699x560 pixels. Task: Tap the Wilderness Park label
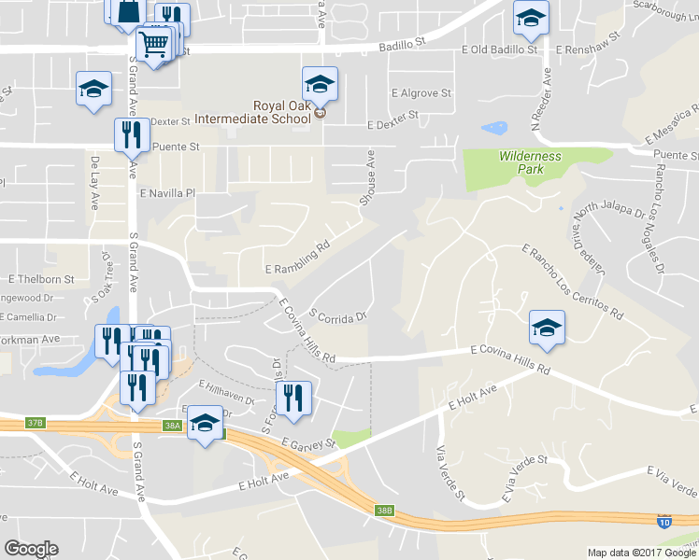pyautogui.click(x=530, y=163)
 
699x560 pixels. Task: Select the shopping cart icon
pyautogui.click(x=155, y=44)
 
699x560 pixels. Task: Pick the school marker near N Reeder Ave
pyautogui.click(x=531, y=17)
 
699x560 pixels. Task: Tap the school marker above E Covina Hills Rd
pyautogui.click(x=547, y=327)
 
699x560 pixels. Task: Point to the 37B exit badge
pyautogui.click(x=36, y=423)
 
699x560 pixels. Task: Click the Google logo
pyautogui.click(x=31, y=549)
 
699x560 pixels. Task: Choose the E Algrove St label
pyautogui.click(x=421, y=93)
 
